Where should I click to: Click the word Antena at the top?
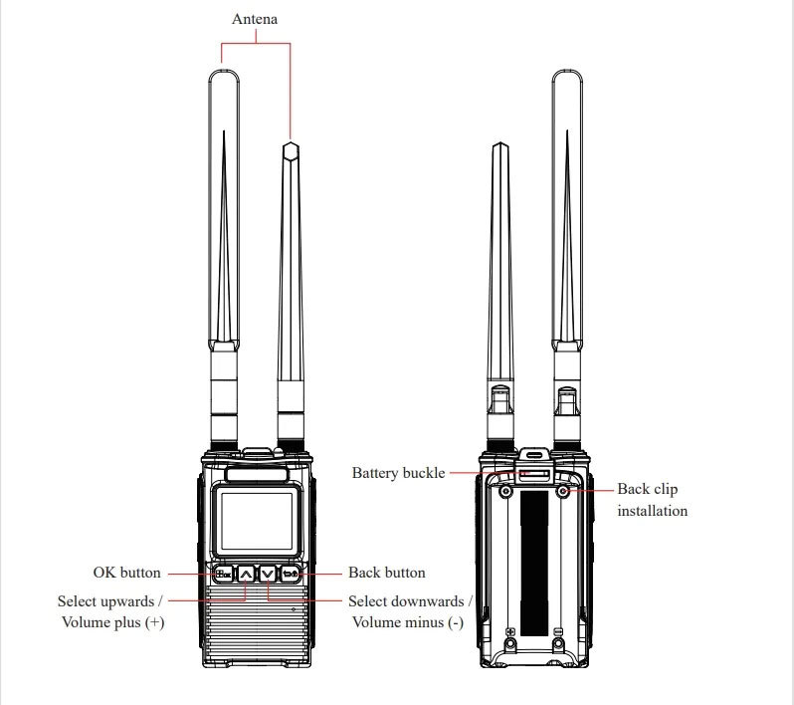click(255, 19)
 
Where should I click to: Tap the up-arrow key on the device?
click(246, 574)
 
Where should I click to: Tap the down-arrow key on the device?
click(267, 574)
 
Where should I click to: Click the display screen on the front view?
click(257, 523)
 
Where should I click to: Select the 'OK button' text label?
click(126, 573)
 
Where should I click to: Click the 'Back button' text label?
click(386, 573)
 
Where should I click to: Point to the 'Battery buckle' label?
click(398, 473)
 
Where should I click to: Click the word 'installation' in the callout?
click(652, 511)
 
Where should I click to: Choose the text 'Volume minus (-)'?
click(407, 622)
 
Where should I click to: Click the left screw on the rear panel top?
click(506, 491)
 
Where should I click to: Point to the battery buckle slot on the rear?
click(534, 474)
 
